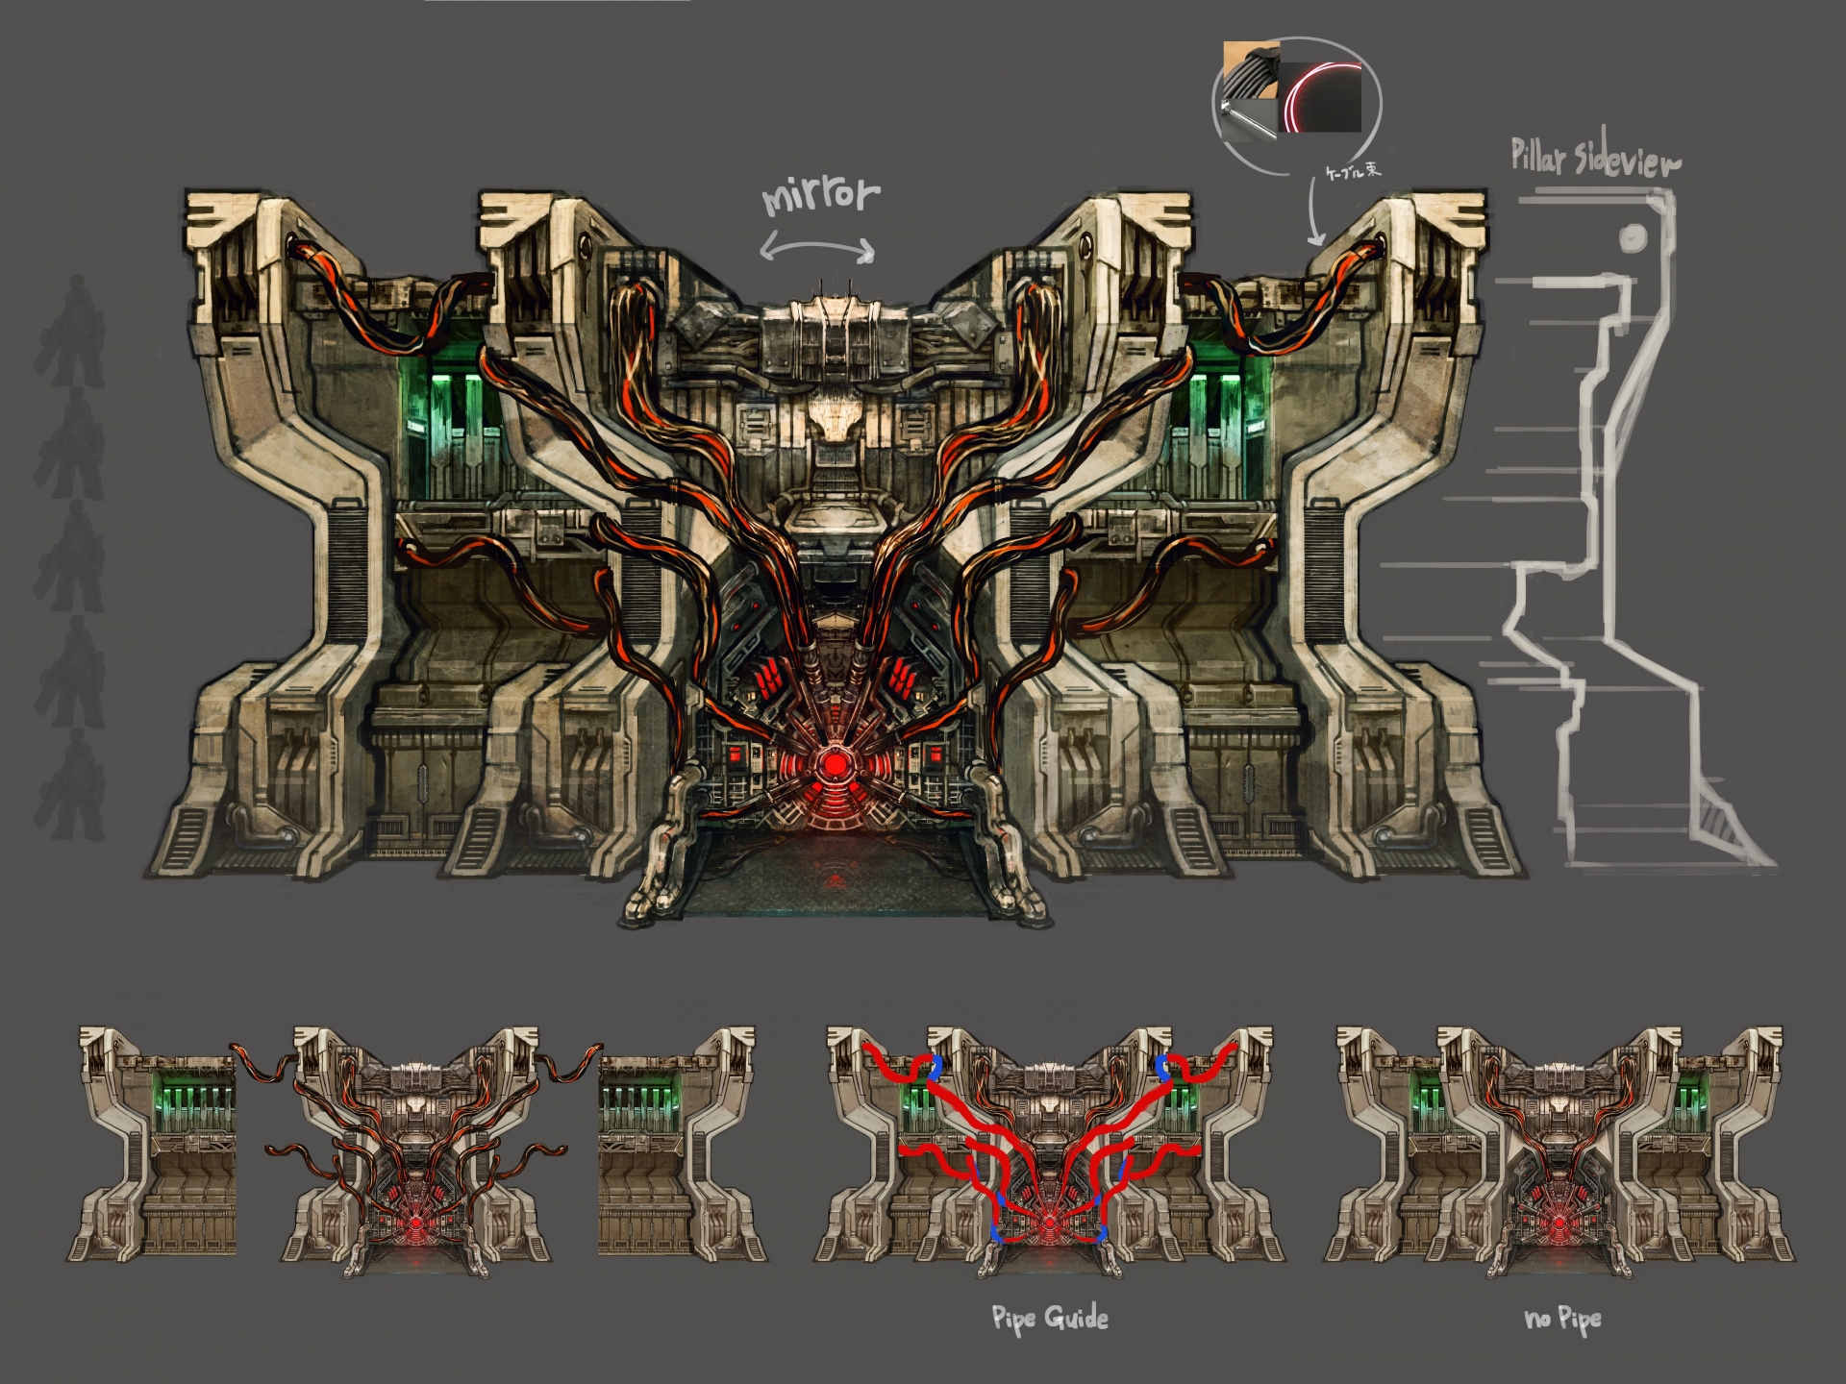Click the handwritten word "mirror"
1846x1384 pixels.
(x=820, y=195)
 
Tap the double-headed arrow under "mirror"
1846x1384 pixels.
(x=817, y=249)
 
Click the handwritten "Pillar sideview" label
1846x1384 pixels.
(x=1595, y=158)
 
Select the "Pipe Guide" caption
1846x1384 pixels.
(x=1049, y=1318)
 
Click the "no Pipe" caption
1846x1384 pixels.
(x=1562, y=1319)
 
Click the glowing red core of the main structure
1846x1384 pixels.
(x=836, y=764)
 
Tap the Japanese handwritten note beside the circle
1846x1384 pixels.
(x=1353, y=171)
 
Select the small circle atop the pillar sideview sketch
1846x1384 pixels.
(x=1633, y=237)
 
